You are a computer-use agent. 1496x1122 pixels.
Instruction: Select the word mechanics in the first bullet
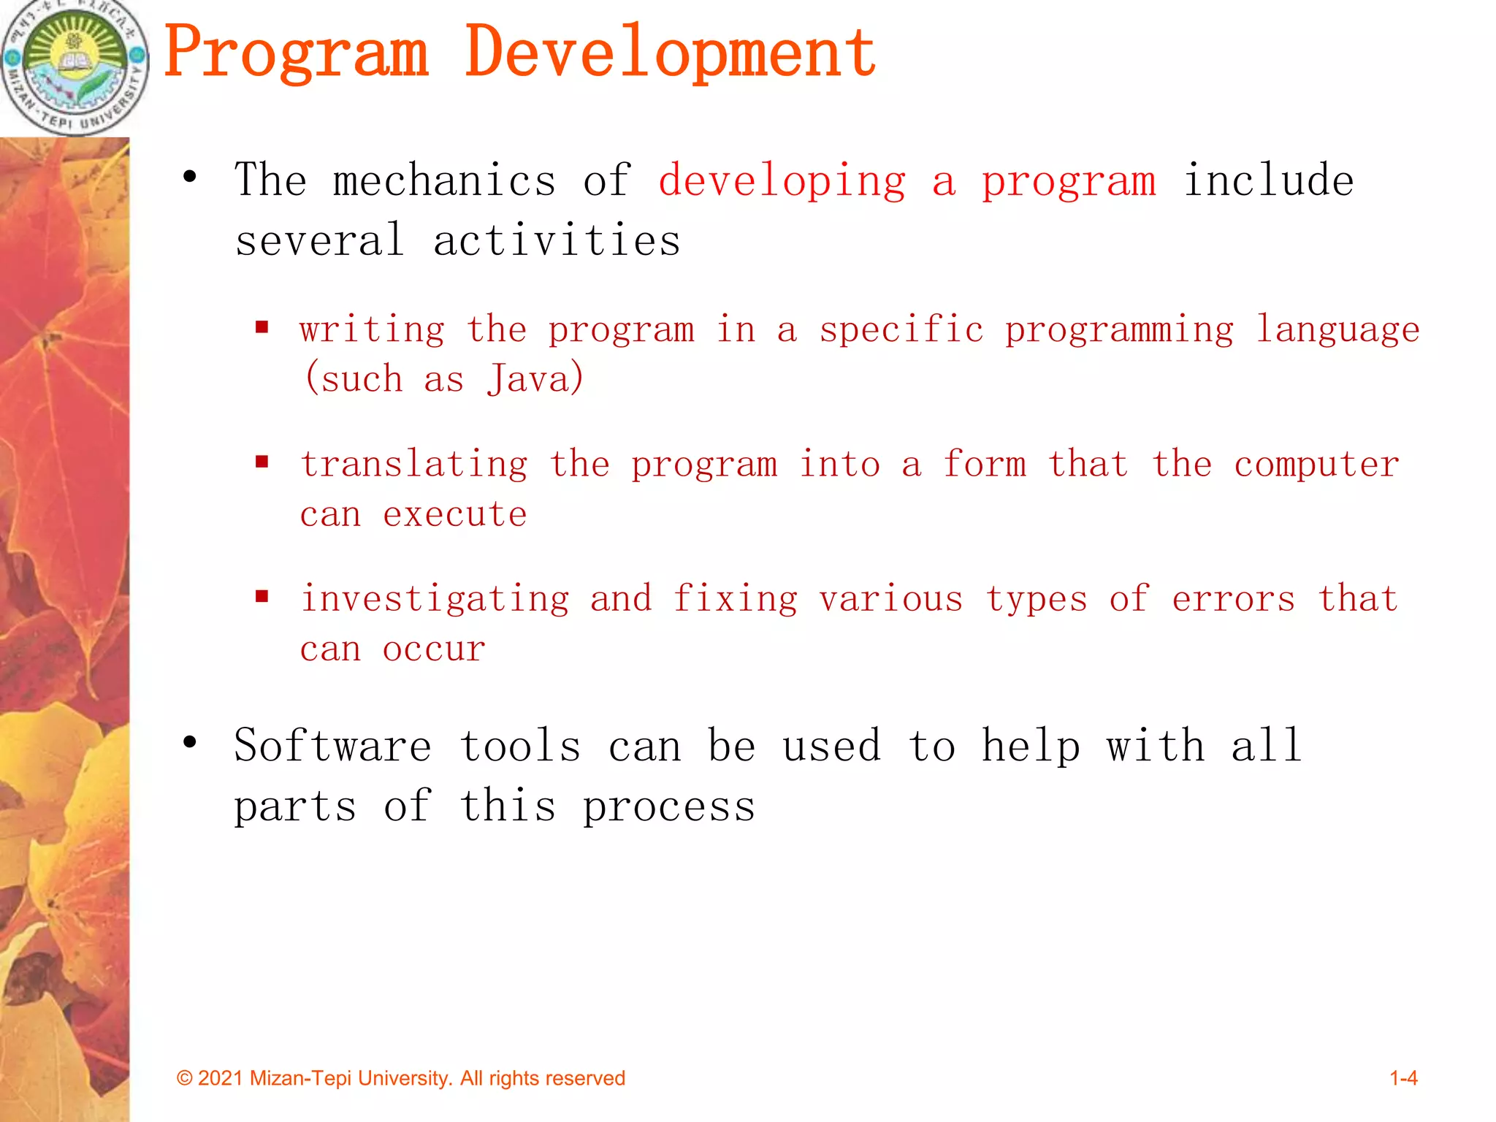(444, 180)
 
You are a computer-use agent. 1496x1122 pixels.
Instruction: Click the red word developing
(782, 182)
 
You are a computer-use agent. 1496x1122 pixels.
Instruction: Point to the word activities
(557, 240)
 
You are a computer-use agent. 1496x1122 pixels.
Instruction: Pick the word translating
(414, 465)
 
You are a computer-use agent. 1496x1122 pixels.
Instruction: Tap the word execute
(454, 514)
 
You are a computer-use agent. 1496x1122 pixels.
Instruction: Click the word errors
(1233, 599)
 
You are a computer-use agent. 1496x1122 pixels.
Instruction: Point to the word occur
(434, 649)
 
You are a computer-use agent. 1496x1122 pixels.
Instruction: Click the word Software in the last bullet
(333, 746)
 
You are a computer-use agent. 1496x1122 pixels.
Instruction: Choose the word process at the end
(668, 807)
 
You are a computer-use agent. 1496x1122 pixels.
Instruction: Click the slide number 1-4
(1402, 1078)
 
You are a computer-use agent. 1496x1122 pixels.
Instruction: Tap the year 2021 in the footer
(220, 1078)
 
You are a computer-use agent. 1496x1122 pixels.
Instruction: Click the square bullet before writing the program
(262, 327)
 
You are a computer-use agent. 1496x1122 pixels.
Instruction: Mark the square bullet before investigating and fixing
(262, 597)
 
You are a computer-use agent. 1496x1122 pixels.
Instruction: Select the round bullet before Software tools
(190, 743)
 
